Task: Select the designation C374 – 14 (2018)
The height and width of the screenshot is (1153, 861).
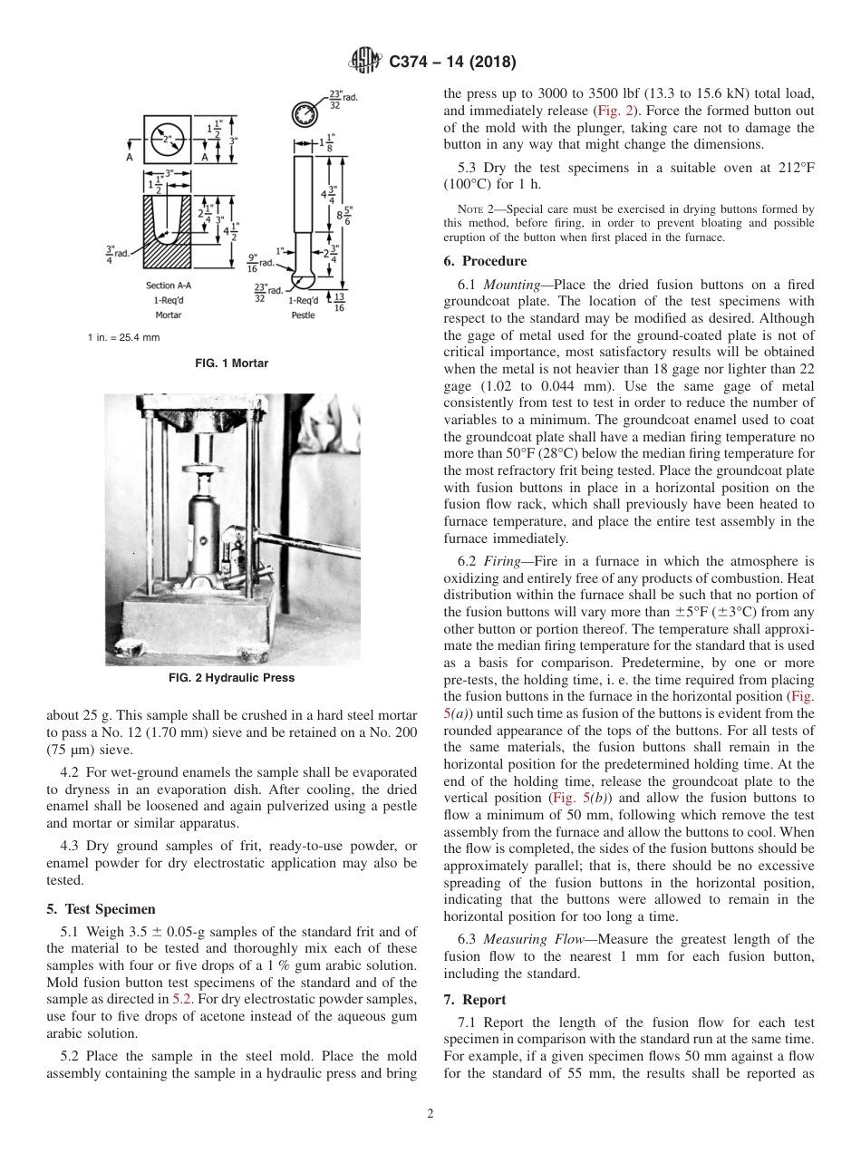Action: tap(452, 62)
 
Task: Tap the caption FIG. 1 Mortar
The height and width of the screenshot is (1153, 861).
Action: tap(232, 363)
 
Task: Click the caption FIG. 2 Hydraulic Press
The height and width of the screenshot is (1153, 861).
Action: tap(232, 678)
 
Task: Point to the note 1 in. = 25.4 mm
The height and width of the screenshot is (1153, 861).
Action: tap(123, 337)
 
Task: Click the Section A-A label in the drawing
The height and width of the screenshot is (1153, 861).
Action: tap(169, 286)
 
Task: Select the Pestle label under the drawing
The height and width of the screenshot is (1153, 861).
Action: tap(303, 315)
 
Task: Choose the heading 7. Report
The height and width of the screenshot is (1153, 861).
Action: tap(473, 999)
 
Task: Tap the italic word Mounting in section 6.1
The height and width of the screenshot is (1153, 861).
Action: tap(512, 284)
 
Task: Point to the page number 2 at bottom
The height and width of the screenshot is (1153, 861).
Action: tap(430, 1114)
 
